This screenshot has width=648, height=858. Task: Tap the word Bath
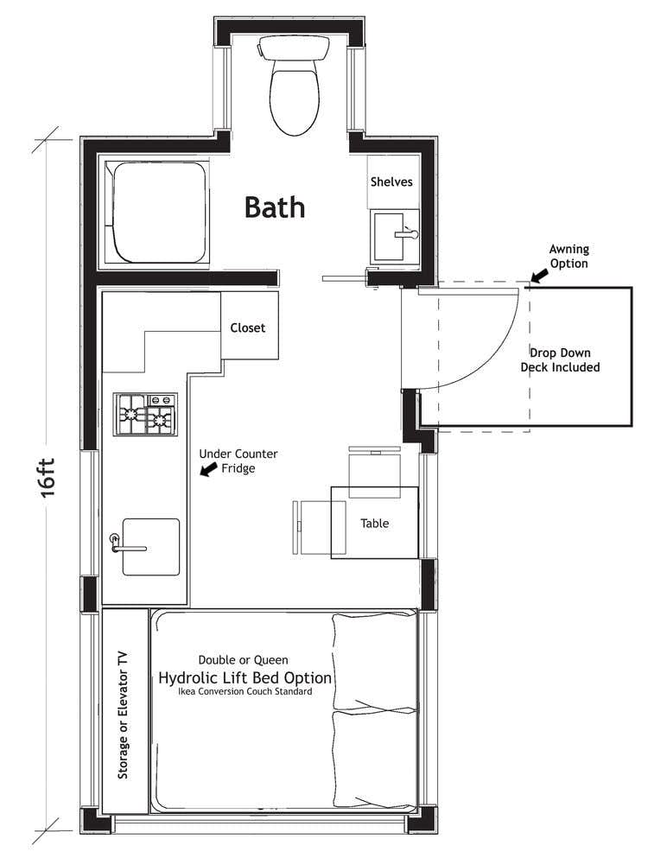coord(275,207)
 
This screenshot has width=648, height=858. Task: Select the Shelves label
coord(391,182)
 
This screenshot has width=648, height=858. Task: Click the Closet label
coord(248,328)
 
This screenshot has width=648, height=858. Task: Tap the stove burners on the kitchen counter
coord(145,414)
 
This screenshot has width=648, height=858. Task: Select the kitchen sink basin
coord(152,546)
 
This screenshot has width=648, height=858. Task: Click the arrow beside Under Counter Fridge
coord(207,469)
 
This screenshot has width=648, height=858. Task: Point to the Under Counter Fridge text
coord(238,461)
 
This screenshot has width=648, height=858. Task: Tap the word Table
coord(374,524)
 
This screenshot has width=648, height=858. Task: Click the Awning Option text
coord(569,257)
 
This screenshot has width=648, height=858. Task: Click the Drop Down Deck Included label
coord(560,360)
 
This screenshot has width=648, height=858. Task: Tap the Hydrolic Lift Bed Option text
coord(245,678)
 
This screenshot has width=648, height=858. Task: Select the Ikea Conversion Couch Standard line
coord(246,693)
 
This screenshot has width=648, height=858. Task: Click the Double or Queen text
coord(244,660)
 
